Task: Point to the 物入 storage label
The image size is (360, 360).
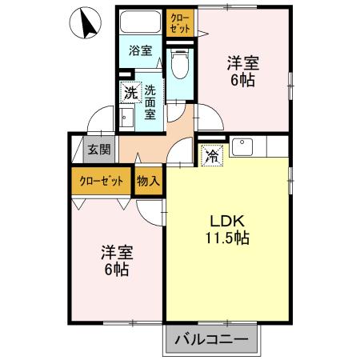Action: click(x=149, y=181)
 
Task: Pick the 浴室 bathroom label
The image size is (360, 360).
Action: click(x=141, y=50)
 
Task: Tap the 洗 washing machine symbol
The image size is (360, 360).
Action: click(x=130, y=92)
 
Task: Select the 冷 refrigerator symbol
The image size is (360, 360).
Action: click(x=211, y=155)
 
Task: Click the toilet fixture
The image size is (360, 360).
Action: click(x=180, y=62)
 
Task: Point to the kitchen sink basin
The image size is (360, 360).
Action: click(x=243, y=147)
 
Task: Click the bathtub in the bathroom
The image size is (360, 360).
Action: click(x=141, y=22)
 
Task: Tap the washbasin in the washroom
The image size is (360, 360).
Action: click(x=127, y=119)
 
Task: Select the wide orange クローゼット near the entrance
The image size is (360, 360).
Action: click(x=101, y=181)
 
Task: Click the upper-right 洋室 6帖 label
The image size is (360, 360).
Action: click(x=242, y=70)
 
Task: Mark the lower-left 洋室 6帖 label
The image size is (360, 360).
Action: click(x=116, y=261)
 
